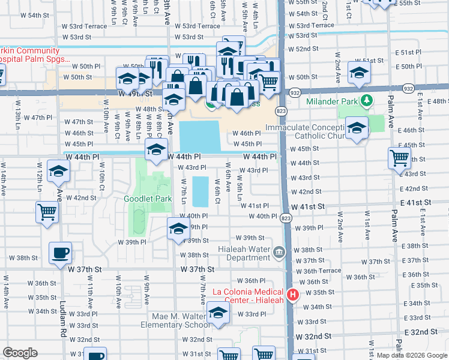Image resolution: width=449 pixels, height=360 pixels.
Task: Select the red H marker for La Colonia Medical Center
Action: [293, 295]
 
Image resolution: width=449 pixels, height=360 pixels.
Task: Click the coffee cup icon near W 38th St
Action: [61, 253]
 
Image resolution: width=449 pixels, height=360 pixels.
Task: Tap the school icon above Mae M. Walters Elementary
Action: [218, 313]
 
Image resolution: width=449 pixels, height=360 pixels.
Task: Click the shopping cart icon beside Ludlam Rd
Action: [47, 211]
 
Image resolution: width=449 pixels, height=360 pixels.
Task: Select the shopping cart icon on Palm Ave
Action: [399, 158]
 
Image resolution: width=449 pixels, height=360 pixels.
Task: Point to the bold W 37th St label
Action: [197, 270]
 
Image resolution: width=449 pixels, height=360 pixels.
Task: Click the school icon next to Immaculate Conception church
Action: [357, 128]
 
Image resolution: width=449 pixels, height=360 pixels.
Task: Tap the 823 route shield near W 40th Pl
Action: [285, 219]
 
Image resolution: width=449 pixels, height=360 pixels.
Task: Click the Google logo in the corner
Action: [20, 353]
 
